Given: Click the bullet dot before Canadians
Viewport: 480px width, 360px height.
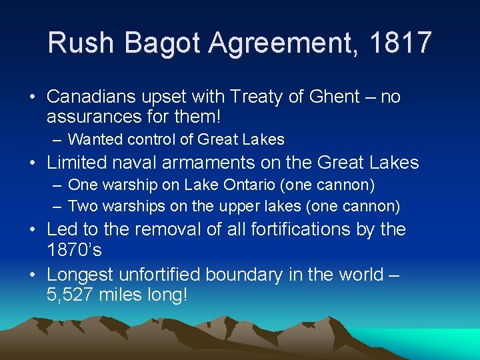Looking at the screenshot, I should point(33,97).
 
